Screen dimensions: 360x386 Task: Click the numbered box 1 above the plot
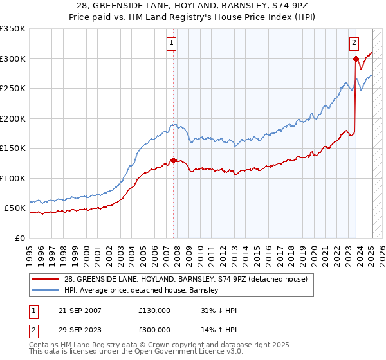tap(172, 44)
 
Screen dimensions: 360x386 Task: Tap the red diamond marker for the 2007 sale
tap(173, 161)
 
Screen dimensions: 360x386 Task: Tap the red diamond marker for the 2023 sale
tap(356, 59)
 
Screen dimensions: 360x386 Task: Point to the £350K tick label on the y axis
tap(13, 29)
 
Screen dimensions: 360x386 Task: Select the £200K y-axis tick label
tap(13, 118)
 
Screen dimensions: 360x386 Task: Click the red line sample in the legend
tap(46, 279)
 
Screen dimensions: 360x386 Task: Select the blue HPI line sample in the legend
tap(46, 290)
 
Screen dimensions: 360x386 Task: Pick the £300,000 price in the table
tap(154, 328)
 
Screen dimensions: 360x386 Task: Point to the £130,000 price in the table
tap(154, 310)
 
